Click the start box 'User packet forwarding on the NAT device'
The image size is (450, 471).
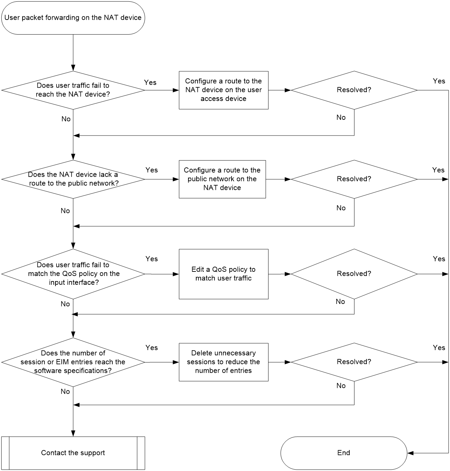(x=73, y=18)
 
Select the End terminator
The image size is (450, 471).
(x=344, y=453)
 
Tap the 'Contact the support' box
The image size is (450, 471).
(x=73, y=453)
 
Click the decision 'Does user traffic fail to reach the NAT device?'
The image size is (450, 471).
(x=73, y=90)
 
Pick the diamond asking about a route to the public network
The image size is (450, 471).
(x=73, y=179)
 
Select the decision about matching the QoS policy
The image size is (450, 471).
(x=73, y=274)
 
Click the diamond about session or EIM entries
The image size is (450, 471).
(x=73, y=362)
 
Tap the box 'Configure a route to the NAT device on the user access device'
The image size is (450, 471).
(x=224, y=90)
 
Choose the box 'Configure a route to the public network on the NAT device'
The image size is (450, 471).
(x=222, y=179)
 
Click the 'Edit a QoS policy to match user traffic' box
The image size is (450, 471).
(x=224, y=274)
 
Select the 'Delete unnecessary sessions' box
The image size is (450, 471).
(x=224, y=362)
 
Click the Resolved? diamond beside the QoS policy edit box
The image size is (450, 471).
(x=354, y=274)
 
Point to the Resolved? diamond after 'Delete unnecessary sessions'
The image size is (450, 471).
(x=354, y=362)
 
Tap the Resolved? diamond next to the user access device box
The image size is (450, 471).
(x=354, y=90)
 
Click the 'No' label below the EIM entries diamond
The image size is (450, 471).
(x=65, y=391)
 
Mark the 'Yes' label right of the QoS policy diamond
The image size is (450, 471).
(x=152, y=259)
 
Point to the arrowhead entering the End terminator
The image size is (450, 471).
(x=410, y=453)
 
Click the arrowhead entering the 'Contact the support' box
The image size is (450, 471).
(x=73, y=433)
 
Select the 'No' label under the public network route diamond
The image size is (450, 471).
(x=65, y=211)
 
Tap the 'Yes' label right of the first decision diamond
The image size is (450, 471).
(x=150, y=82)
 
